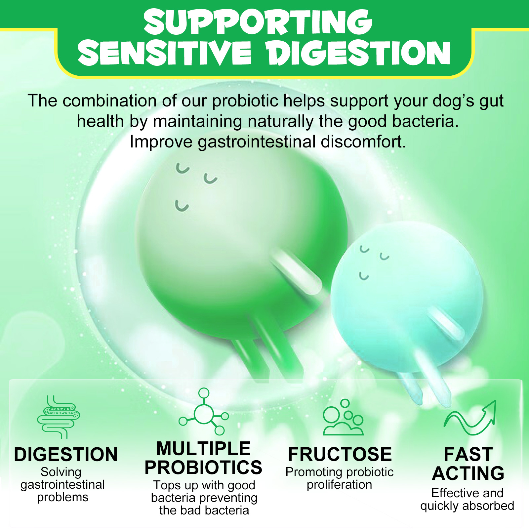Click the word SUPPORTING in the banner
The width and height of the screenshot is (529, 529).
click(x=258, y=22)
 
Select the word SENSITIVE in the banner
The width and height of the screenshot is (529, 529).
click(x=165, y=53)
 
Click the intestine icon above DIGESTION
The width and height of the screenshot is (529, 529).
click(x=59, y=417)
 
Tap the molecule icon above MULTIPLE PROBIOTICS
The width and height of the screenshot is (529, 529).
click(x=204, y=412)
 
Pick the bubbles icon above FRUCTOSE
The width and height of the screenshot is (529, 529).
click(x=343, y=417)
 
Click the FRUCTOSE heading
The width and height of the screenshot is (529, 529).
click(x=340, y=454)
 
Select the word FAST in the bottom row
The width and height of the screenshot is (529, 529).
click(x=468, y=454)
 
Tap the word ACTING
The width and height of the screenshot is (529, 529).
click(x=468, y=473)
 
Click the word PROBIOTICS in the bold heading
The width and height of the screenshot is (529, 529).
click(x=203, y=468)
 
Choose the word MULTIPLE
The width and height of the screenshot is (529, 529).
click(x=203, y=449)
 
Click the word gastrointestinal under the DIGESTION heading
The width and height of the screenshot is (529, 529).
click(x=62, y=485)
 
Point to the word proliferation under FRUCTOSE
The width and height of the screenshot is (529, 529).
click(x=340, y=485)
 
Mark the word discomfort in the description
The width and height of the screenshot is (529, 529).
click(x=363, y=142)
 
